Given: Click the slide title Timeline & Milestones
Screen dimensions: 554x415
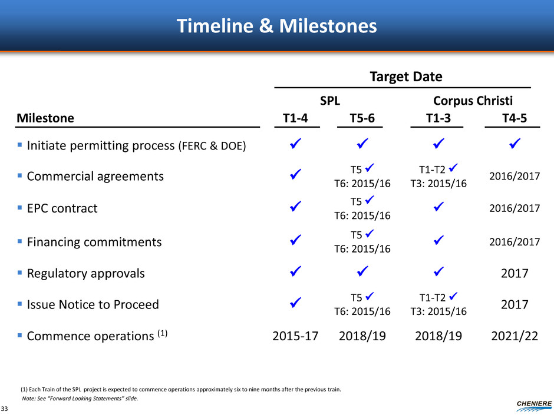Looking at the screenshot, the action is [x=276, y=26].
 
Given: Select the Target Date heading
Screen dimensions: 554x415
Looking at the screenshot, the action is [x=406, y=77].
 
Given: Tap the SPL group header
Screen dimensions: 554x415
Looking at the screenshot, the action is [x=330, y=101].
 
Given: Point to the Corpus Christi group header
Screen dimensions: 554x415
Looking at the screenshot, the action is [x=473, y=101].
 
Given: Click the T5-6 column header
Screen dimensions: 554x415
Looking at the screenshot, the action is [x=362, y=118].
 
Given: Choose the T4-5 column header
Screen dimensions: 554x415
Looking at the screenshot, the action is [x=515, y=118].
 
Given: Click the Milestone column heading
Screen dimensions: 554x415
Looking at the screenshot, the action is [x=45, y=118].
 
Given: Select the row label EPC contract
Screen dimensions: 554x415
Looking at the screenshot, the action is [x=62, y=208].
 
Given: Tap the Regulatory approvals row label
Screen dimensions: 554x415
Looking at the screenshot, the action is [x=86, y=273].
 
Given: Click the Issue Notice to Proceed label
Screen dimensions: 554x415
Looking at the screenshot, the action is [x=93, y=304].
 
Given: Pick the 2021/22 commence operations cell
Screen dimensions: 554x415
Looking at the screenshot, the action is [x=515, y=336].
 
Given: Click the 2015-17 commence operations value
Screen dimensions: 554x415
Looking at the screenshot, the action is [x=295, y=336].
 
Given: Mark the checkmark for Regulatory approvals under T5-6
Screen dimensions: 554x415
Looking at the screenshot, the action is [x=362, y=271].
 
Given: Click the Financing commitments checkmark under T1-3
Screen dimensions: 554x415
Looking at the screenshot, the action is [x=438, y=240].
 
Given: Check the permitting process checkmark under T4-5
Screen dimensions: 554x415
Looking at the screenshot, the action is [x=515, y=143].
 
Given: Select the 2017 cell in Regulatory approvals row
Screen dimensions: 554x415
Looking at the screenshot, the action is [x=515, y=273].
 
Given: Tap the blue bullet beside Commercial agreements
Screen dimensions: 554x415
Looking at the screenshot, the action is [x=20, y=175].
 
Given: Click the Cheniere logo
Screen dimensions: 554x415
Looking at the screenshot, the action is [x=534, y=406].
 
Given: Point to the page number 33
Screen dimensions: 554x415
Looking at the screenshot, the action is [x=4, y=409].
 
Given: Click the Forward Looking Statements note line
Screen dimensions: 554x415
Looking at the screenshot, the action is [x=80, y=399].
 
